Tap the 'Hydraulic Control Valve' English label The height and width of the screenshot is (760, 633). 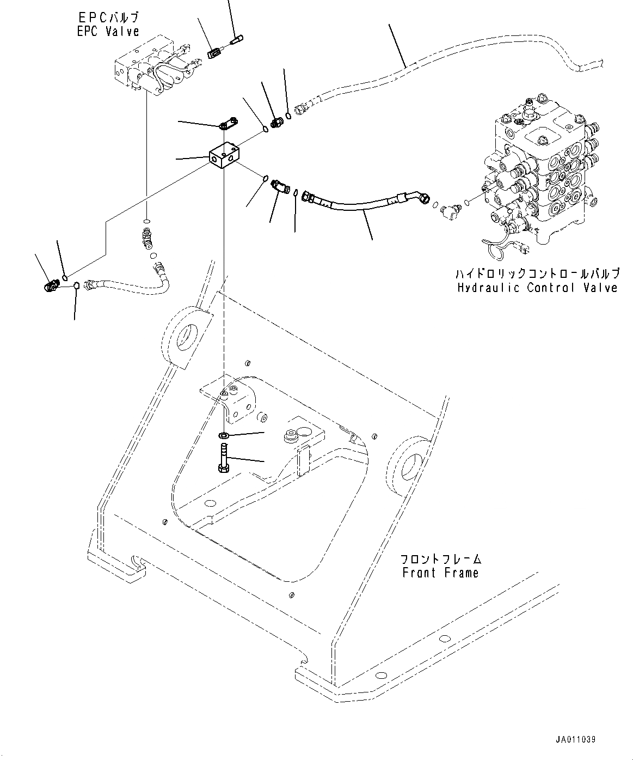(x=537, y=288)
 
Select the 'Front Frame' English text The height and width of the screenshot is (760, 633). (x=440, y=573)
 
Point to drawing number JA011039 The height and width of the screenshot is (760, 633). (x=575, y=740)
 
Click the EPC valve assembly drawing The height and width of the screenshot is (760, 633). (x=154, y=71)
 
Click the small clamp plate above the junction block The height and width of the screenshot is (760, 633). (x=228, y=125)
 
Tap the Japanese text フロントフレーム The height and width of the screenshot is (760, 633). (x=440, y=559)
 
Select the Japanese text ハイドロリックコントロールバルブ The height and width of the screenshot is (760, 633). (x=537, y=273)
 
